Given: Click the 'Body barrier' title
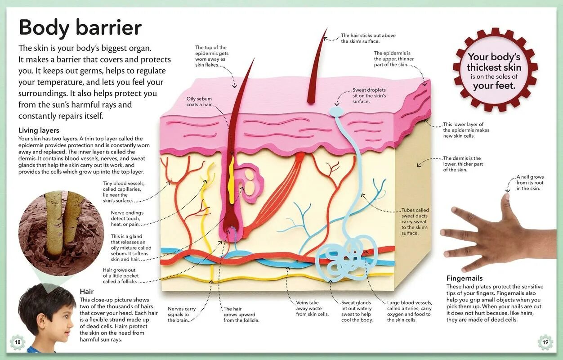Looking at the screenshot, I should (x=80, y=28).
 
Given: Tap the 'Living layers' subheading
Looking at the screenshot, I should (x=39, y=130).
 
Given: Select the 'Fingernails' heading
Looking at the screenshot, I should (x=465, y=278).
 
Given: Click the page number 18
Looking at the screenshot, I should (x=18, y=342).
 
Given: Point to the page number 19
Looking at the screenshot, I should (x=545, y=342).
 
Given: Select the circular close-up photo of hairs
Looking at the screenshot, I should (x=54, y=232).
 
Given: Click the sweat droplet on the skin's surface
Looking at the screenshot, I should (x=336, y=111).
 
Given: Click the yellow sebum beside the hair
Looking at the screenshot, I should (x=232, y=180).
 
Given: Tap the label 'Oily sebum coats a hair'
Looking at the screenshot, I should (x=199, y=102).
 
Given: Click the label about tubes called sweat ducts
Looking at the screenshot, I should (x=415, y=221).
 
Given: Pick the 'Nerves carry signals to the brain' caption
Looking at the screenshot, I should (x=182, y=315).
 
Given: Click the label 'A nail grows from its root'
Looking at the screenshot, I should (x=530, y=183).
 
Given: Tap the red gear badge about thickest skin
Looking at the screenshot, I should (x=494, y=70).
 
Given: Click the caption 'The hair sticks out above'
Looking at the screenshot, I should (x=368, y=38).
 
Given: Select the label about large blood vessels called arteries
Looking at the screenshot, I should (x=409, y=311).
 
